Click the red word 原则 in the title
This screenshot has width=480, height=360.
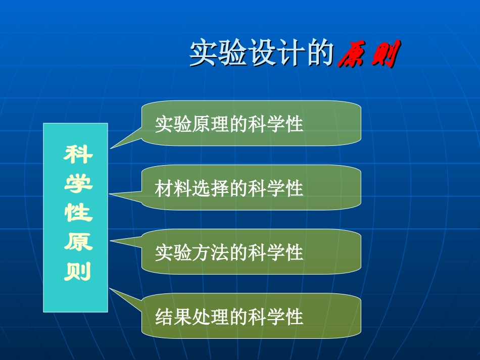368,54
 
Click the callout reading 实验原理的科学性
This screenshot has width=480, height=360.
251,124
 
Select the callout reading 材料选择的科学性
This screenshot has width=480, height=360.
251,188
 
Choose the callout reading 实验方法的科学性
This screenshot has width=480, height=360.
251,252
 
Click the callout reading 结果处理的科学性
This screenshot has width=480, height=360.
251,317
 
